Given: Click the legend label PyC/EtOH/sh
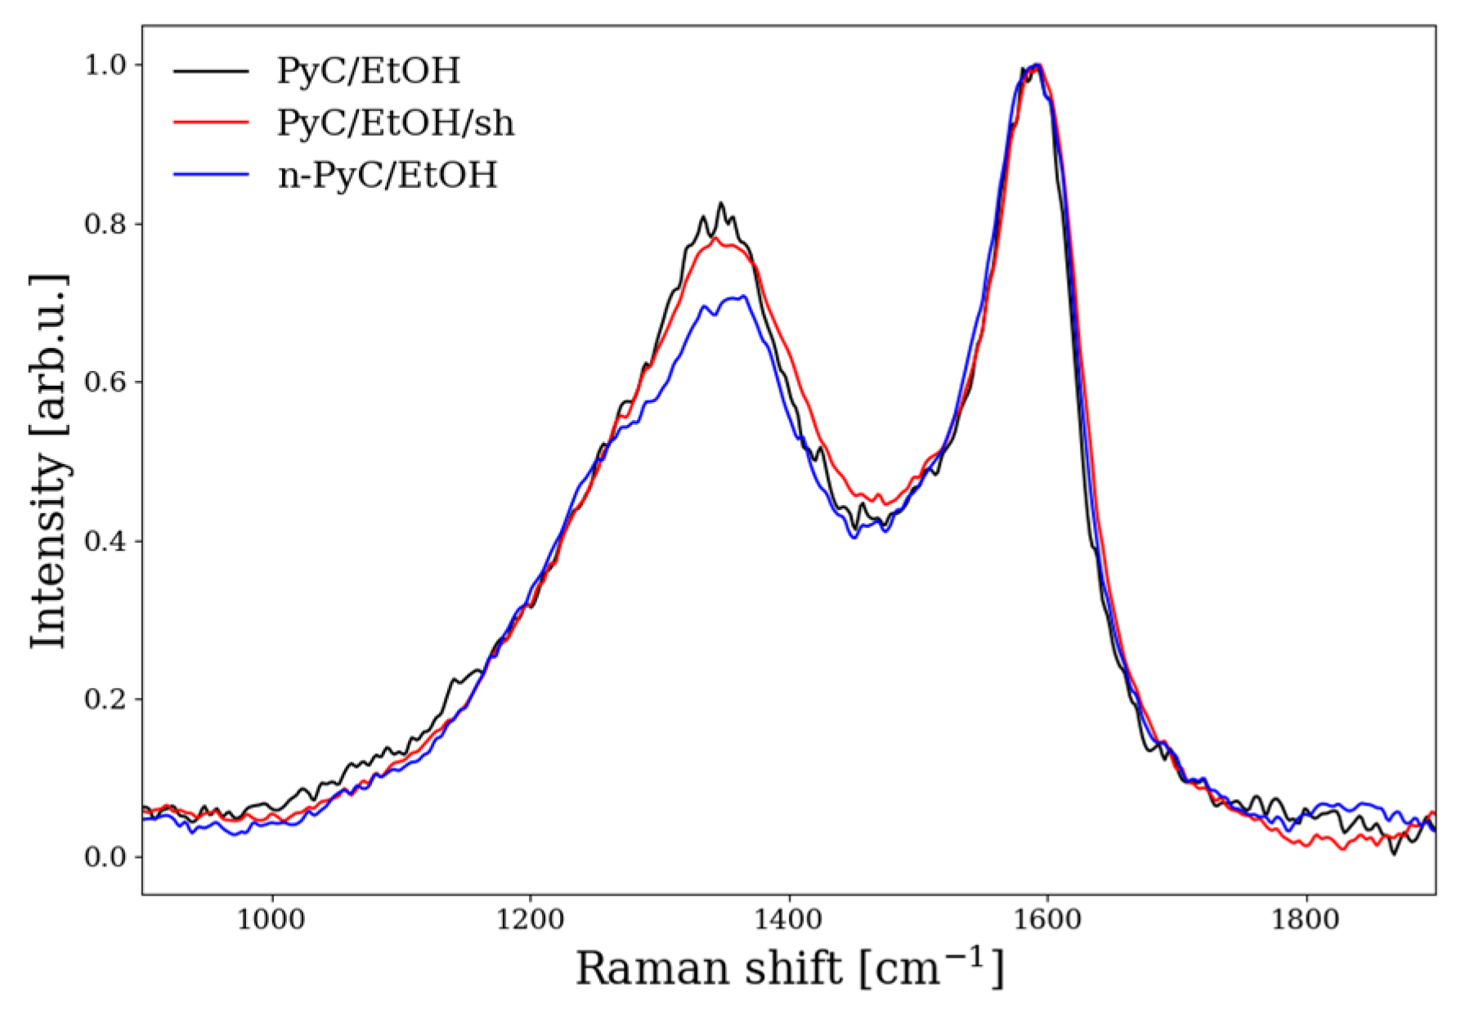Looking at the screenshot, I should [x=396, y=123].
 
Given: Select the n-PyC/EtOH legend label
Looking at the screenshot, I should [x=387, y=176].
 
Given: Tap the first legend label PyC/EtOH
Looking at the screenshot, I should [x=369, y=71].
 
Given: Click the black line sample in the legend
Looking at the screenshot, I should [x=211, y=71].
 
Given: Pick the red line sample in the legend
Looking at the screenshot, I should [x=211, y=123].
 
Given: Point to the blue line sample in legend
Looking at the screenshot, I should [x=211, y=175].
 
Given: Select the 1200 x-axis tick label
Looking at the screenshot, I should [x=530, y=919].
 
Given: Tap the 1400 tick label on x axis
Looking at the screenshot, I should [x=789, y=919].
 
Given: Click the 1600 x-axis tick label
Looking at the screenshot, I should [x=1047, y=919].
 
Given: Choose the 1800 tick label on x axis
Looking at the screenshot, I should [x=1306, y=919].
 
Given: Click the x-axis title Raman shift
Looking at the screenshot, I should [x=789, y=969].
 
